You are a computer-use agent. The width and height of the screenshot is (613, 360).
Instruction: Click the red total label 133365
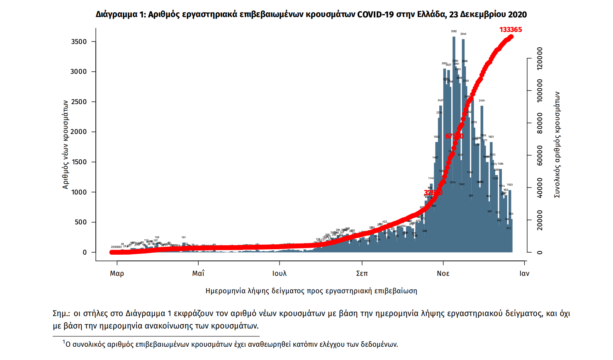[511, 29]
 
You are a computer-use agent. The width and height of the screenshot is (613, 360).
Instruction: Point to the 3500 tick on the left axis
[79, 41]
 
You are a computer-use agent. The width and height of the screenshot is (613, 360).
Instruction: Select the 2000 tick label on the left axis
[79, 132]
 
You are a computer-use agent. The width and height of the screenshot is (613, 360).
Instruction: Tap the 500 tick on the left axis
[80, 222]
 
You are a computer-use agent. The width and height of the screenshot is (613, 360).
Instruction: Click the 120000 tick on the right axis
[540, 58]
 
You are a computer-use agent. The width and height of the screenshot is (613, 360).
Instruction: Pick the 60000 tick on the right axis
[540, 156]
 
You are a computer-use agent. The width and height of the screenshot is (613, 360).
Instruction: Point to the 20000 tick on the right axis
[540, 220]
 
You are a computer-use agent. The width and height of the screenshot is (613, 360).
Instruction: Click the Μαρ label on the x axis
[117, 273]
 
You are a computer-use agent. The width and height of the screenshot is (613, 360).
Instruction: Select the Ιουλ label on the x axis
[280, 273]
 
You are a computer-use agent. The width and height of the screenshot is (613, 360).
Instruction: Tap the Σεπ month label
[362, 273]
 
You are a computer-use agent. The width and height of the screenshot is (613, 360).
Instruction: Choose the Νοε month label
[443, 273]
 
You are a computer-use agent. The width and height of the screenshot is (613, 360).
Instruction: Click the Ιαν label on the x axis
[524, 273]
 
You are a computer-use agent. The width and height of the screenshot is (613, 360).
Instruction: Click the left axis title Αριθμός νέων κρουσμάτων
[66, 144]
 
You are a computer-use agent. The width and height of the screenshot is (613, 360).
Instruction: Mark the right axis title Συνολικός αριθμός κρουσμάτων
[557, 144]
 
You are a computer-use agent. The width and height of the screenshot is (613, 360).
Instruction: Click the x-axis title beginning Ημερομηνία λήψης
[311, 291]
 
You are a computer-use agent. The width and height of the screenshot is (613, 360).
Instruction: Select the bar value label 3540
[463, 34]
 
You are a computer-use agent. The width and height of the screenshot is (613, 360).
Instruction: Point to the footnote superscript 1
[64, 342]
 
